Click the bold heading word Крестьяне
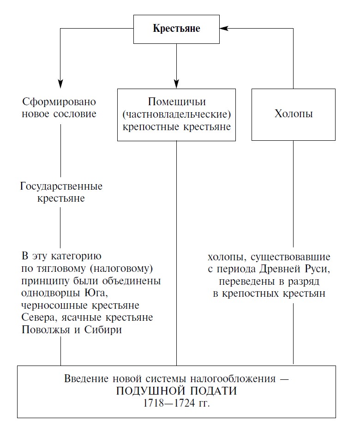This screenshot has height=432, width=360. [x=176, y=29]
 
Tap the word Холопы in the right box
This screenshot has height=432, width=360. [x=294, y=114]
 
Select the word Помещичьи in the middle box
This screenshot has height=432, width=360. [x=177, y=102]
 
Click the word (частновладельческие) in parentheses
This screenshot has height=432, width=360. [x=177, y=114]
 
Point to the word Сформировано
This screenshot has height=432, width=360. [x=59, y=102]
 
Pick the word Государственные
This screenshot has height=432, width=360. [x=61, y=186]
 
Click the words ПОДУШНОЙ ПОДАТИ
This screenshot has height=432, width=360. [x=176, y=391]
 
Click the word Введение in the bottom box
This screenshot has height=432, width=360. [x=86, y=379]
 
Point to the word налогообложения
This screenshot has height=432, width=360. [x=233, y=379]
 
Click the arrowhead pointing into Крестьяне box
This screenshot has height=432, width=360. [x=224, y=28]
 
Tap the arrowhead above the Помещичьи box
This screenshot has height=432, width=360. [x=177, y=84]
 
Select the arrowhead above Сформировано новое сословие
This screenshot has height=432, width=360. [x=60, y=84]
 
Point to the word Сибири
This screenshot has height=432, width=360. [x=103, y=330]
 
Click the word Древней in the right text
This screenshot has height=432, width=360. [x=279, y=269]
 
